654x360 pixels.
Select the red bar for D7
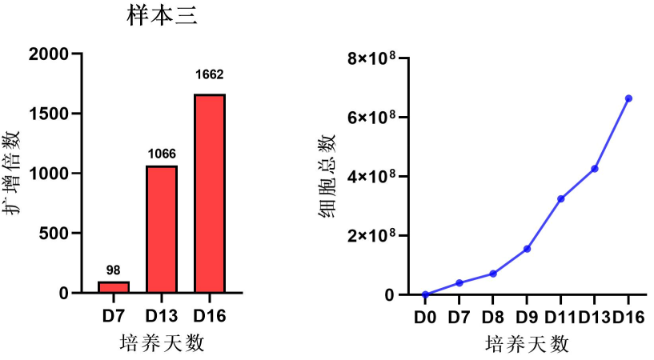pyautogui.click(x=114, y=287)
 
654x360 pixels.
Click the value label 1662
pyautogui.click(x=210, y=75)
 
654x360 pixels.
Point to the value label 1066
pyautogui.click(x=162, y=154)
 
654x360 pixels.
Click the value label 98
pyautogui.click(x=114, y=270)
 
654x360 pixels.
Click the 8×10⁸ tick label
pyautogui.click(x=367, y=58)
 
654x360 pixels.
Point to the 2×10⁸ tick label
pyautogui.click(x=367, y=236)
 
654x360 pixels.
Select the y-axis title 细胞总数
pyautogui.click(x=327, y=176)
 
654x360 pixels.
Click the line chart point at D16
pyautogui.click(x=628, y=98)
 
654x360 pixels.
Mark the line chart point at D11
pyautogui.click(x=561, y=198)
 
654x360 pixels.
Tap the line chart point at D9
pyautogui.click(x=528, y=249)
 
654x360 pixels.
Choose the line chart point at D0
pyautogui.click(x=425, y=294)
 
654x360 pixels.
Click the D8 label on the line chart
pyautogui.click(x=493, y=317)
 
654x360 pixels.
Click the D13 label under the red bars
pyautogui.click(x=162, y=316)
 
